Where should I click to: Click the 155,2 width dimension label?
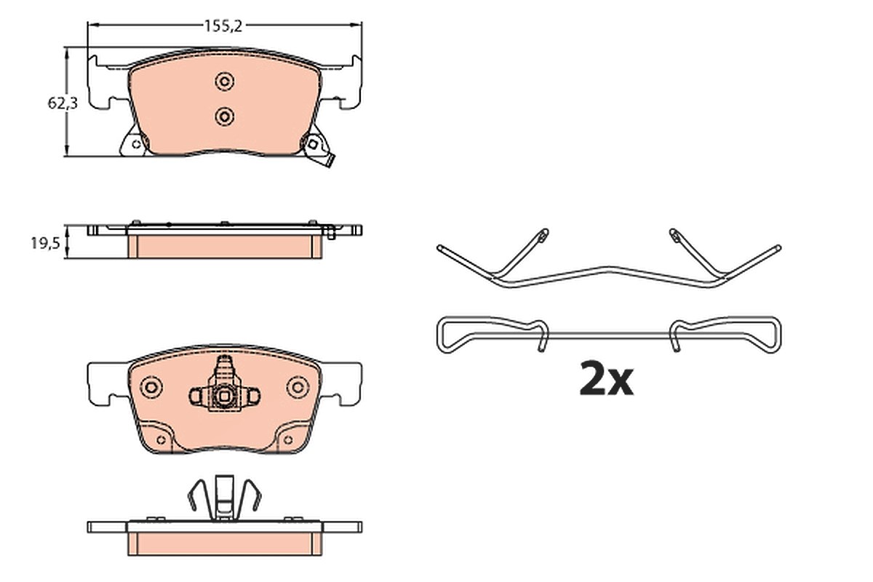point(223,26)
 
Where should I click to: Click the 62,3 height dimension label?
point(63,103)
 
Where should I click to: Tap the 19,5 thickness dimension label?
point(46,244)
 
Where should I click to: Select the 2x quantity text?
point(607,378)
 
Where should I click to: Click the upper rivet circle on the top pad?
point(224,82)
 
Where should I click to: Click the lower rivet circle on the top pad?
point(224,116)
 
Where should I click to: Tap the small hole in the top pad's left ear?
point(136,145)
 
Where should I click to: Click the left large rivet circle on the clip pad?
point(151,387)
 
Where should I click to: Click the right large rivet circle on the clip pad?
point(298,387)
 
